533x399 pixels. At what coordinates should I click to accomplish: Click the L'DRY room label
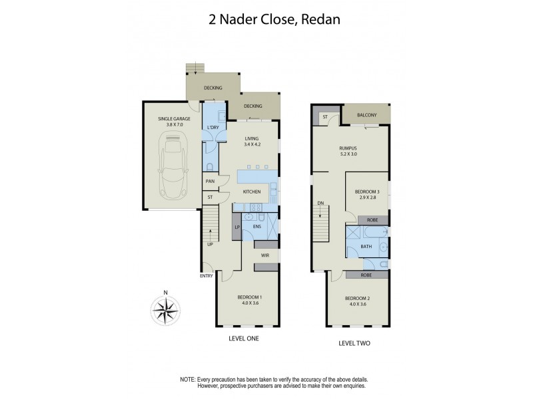click(213, 127)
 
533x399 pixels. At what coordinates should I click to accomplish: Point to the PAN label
click(210, 181)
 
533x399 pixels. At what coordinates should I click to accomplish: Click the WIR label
click(264, 253)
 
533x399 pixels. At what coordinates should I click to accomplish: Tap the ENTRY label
click(206, 277)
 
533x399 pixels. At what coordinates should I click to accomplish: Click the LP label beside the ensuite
click(237, 228)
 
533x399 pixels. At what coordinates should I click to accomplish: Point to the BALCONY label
click(366, 115)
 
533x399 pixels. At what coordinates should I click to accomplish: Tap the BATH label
click(366, 246)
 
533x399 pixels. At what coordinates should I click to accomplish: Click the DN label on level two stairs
click(320, 204)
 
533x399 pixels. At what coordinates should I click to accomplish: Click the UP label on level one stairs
click(211, 244)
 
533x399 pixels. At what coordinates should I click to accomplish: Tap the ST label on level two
click(325, 116)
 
